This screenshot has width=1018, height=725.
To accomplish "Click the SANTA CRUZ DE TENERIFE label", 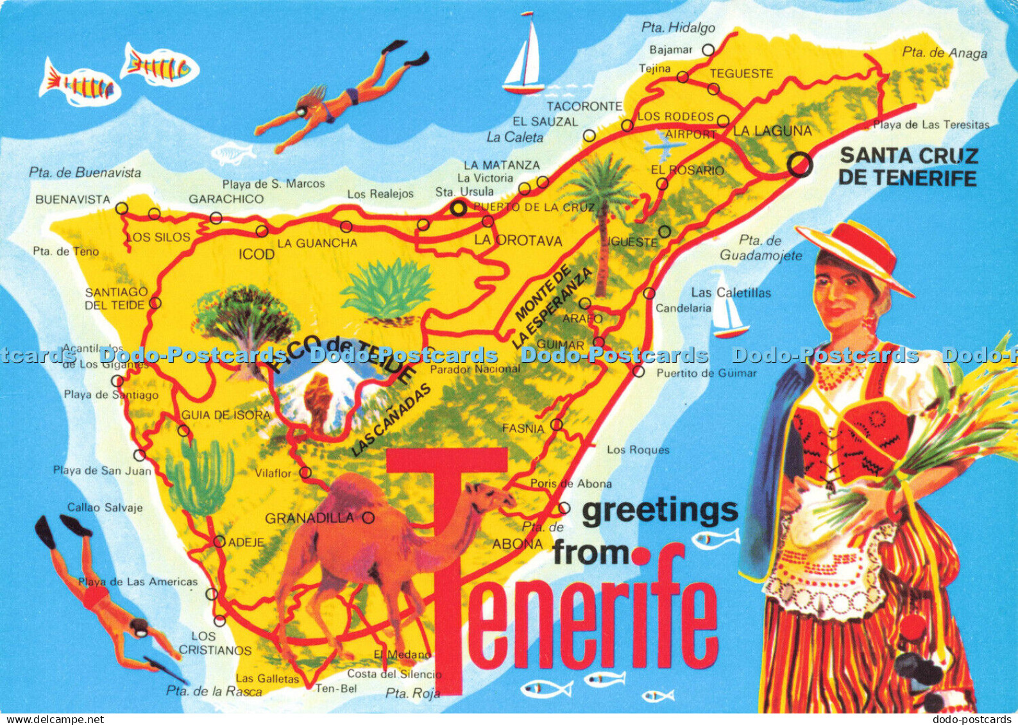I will coord(908,166).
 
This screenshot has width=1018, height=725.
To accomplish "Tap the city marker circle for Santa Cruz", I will coord(799,165).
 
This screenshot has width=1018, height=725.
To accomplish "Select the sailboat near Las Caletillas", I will coord(729,309).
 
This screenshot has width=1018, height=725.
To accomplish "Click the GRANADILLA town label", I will coord(309,518).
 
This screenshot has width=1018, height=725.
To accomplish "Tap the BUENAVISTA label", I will coord(72,199).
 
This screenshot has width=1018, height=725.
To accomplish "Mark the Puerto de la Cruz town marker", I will coord(458,208).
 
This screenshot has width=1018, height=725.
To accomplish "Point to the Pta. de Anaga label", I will coord(944,53).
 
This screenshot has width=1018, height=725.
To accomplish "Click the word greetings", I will coord(660,511).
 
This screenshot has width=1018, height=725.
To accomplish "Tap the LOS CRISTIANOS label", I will coord(215,643).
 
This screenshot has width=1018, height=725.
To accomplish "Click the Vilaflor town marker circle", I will coord(306,473).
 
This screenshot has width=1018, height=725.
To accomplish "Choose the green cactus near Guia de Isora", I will coord(200,474).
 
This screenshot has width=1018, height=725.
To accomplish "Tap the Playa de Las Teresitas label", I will coord(931,125).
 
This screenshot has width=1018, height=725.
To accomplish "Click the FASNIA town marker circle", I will coord(556,424).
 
